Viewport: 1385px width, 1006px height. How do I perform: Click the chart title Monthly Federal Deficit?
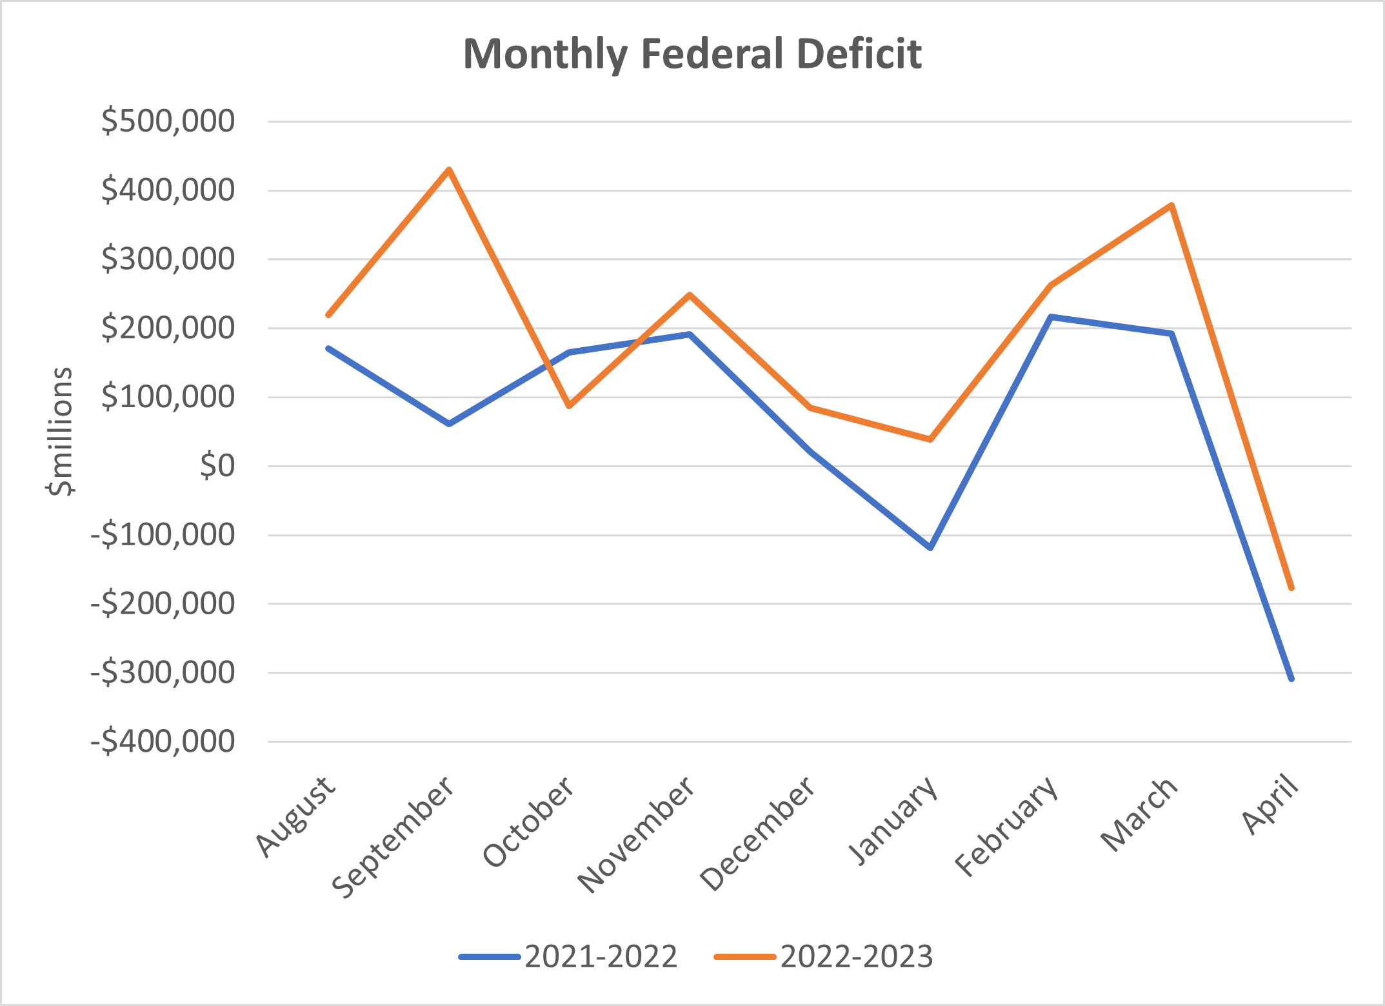click(x=692, y=54)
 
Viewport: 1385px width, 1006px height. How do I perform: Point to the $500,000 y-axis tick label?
click(x=168, y=121)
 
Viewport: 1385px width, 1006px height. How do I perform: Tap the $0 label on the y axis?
click(x=217, y=466)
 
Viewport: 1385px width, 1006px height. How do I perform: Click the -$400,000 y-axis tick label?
click(x=163, y=742)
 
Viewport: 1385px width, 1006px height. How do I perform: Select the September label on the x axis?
click(x=394, y=837)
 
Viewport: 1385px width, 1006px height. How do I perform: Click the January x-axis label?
click(x=893, y=820)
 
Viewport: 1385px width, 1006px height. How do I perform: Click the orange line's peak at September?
click(x=449, y=170)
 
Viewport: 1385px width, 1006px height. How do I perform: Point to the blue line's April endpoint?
click(x=1291, y=679)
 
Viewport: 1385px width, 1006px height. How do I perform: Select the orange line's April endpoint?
click(x=1291, y=588)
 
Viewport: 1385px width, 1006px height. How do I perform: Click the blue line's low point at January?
click(x=930, y=548)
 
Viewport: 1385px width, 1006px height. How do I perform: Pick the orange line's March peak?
click(x=1171, y=206)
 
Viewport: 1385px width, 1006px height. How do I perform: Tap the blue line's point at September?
click(x=449, y=424)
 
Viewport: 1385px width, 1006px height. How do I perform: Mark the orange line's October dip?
click(x=569, y=406)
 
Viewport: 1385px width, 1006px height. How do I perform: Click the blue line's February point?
click(x=1051, y=317)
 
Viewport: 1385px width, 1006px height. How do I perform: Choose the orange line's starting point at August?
click(x=329, y=315)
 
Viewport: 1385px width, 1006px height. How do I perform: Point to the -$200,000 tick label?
click(x=163, y=604)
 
